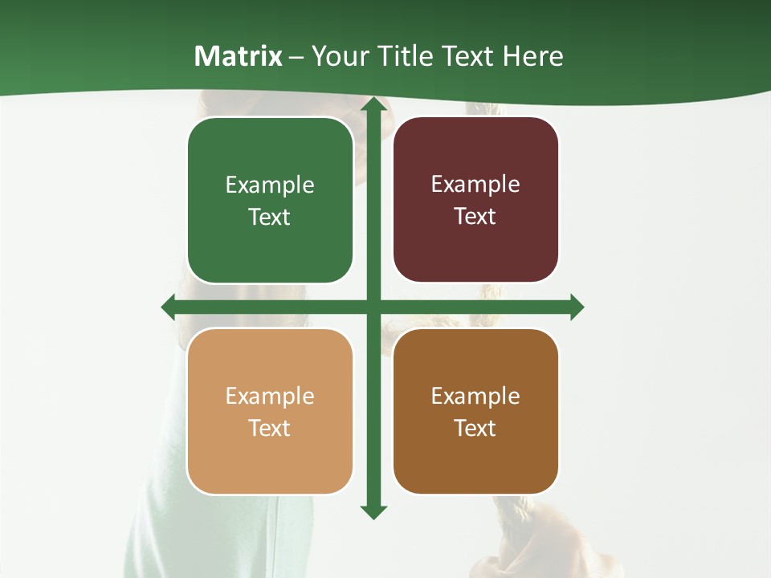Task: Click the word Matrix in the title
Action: coord(238,56)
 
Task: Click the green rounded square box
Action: coord(270,201)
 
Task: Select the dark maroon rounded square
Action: coord(475,200)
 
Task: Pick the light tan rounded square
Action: coord(270,411)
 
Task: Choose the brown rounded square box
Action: coord(475,411)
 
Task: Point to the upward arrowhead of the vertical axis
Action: coord(373,104)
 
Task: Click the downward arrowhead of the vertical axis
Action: coord(373,512)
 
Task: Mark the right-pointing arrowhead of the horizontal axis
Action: coord(577,307)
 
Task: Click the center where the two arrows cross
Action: coord(373,307)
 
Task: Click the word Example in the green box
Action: coord(270,185)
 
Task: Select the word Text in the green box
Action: coord(270,217)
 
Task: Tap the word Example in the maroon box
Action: coord(475,185)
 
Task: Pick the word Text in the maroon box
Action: coord(475,216)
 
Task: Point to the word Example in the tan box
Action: coord(270,397)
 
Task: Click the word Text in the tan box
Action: coord(270,428)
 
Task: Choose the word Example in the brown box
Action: coord(475,397)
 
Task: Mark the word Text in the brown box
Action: coord(475,428)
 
